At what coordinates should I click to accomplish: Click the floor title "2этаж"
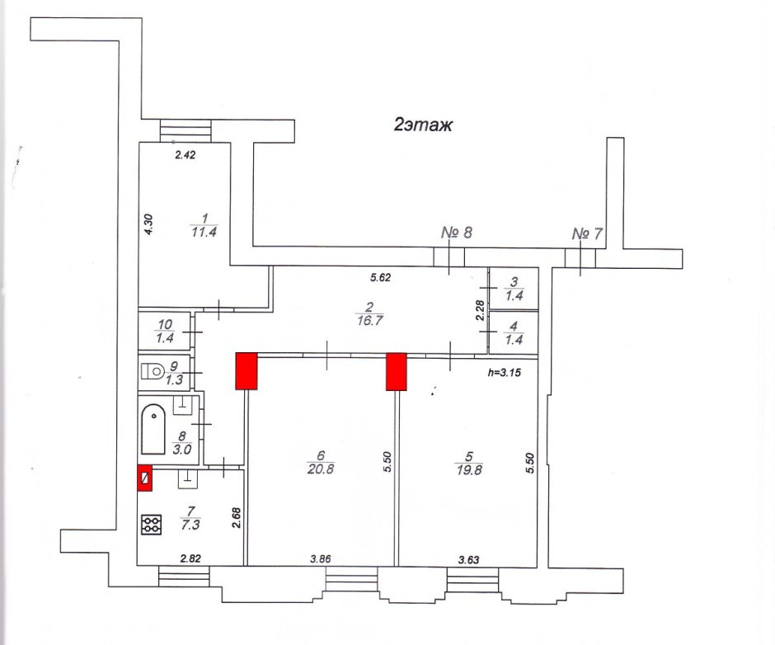423,125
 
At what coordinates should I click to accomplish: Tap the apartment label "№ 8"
456,232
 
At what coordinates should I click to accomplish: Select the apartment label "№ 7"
587,233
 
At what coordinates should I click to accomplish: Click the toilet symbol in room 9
153,371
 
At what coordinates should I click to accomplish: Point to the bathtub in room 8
153,429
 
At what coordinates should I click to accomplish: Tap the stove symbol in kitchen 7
151,525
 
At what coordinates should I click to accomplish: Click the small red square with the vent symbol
145,478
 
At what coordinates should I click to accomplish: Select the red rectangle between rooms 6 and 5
397,371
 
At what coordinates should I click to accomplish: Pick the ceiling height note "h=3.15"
504,373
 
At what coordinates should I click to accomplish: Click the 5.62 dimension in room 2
381,277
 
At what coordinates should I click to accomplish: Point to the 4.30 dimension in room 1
148,224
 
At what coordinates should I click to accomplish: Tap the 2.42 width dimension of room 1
186,155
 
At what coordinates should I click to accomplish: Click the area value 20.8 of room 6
320,468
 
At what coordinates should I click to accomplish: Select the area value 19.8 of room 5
469,469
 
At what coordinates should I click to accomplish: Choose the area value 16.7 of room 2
369,321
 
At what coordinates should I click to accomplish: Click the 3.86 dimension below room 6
320,559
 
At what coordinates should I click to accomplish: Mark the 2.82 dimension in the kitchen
190,559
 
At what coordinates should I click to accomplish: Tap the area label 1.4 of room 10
165,338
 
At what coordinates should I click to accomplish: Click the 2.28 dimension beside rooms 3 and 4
480,310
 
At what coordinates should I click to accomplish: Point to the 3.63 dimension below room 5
468,560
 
